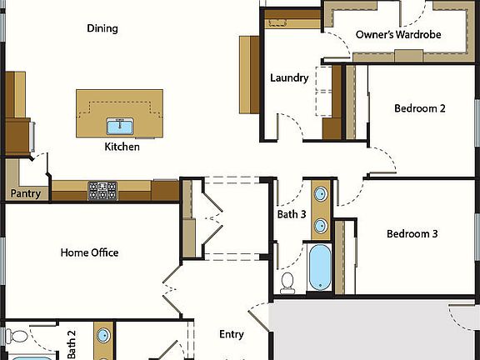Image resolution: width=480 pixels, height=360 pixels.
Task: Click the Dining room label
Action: point(102,28)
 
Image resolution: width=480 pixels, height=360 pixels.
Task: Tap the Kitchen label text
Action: point(122,147)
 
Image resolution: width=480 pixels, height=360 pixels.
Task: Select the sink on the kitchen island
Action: point(121,127)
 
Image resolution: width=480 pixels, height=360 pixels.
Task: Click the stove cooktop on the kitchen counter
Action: point(102,191)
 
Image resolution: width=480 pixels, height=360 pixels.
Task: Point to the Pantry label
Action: point(25,193)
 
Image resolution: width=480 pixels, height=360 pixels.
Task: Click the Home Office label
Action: point(89,252)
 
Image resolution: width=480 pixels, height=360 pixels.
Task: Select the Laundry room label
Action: point(289,78)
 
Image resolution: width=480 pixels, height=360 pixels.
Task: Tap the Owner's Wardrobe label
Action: point(397,35)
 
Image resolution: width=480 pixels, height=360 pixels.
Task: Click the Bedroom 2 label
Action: point(420,108)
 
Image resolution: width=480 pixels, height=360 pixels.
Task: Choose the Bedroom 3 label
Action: point(412,234)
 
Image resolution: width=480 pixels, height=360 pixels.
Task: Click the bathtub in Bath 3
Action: point(320,267)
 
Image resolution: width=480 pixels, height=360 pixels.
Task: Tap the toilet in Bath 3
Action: point(288,282)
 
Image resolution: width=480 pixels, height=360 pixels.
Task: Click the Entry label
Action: point(231,335)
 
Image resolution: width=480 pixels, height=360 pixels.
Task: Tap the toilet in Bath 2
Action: point(15,337)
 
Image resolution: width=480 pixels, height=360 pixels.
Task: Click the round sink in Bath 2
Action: point(102,337)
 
